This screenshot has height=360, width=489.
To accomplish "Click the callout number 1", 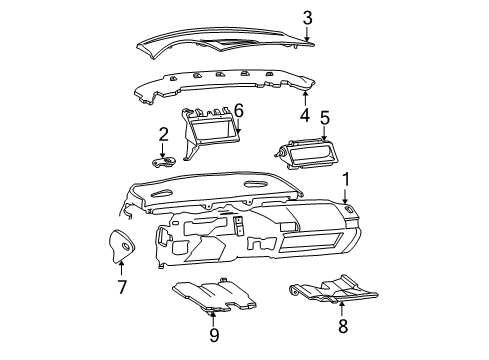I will coord(346,180).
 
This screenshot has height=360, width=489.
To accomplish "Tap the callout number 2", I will coord(163,135).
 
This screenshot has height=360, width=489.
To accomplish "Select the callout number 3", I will coord(308,17).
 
